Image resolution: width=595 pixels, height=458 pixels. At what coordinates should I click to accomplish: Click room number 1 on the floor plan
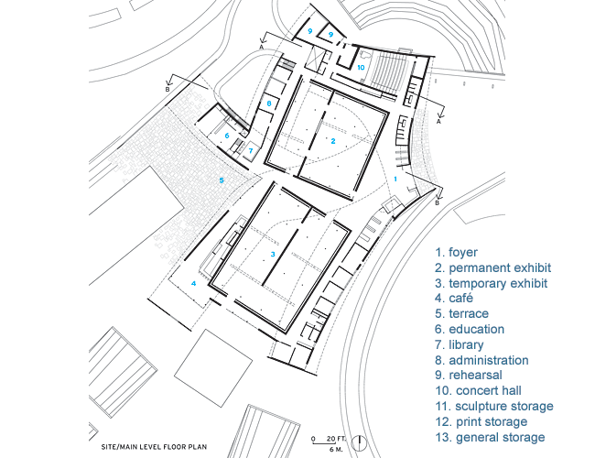pos(395,179)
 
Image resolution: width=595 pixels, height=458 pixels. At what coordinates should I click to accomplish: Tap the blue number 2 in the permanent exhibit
pos(333,141)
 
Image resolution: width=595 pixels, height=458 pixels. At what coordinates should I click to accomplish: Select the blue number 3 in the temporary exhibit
pos(273,254)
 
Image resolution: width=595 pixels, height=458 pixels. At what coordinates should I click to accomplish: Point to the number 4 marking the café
pos(193,283)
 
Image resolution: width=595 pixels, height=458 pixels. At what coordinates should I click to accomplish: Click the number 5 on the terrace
pos(222,180)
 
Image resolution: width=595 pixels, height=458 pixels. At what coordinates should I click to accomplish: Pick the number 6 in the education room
pos(227,136)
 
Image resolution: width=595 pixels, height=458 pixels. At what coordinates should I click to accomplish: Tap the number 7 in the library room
pos(251,151)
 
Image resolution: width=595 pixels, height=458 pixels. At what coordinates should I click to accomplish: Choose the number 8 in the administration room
pos(269,104)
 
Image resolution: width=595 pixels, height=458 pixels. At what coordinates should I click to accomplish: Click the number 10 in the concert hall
pos(361,67)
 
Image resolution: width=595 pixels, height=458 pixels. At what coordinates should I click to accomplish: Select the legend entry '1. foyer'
pos(456,253)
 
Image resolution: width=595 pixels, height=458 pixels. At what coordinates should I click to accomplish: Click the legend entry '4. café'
pos(454,298)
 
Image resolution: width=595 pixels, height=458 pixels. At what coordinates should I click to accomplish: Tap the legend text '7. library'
pos(460,344)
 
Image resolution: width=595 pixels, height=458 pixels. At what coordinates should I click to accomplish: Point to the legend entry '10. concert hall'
pos(478,390)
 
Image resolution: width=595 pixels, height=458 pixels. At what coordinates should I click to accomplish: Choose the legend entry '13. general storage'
pos(490,437)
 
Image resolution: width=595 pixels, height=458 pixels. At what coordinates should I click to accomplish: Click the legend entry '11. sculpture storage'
pos(494,406)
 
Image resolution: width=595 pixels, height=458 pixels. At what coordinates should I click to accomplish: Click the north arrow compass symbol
pos(359,442)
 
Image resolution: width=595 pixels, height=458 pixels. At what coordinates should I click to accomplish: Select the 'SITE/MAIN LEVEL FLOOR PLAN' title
pos(154,447)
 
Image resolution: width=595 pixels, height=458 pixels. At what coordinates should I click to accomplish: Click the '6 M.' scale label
pos(336,450)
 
